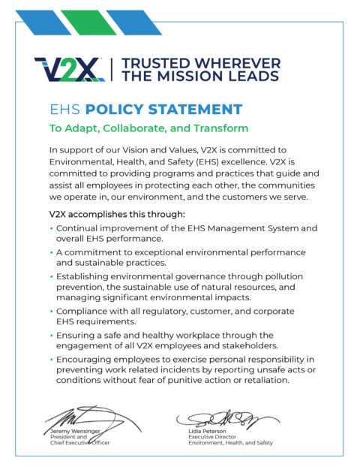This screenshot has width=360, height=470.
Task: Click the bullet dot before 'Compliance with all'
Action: [50, 311]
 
